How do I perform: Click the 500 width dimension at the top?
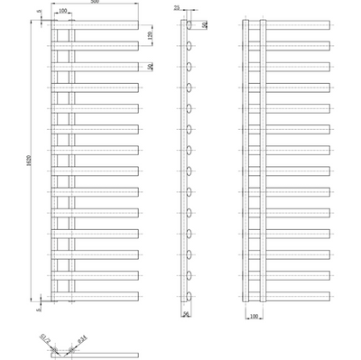(x=95, y=4)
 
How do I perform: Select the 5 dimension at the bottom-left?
(x=39, y=308)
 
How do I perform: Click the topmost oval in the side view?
(x=190, y=24)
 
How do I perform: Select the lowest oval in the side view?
(x=190, y=296)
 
